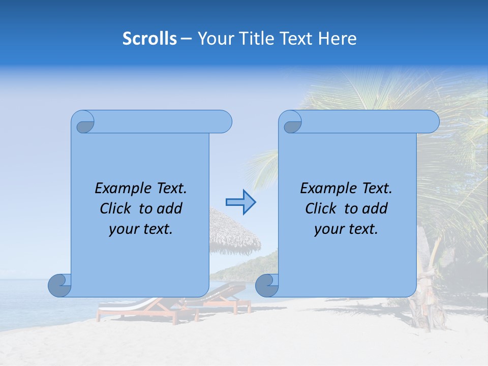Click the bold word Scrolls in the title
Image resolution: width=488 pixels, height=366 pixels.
click(150, 39)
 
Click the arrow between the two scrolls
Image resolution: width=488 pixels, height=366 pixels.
click(240, 202)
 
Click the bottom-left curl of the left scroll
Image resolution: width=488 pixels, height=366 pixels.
click(60, 286)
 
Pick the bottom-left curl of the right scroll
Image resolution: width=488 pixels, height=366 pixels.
click(267, 286)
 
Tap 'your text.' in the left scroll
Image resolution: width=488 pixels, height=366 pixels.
click(141, 229)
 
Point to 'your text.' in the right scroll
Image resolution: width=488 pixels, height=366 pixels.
click(346, 229)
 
